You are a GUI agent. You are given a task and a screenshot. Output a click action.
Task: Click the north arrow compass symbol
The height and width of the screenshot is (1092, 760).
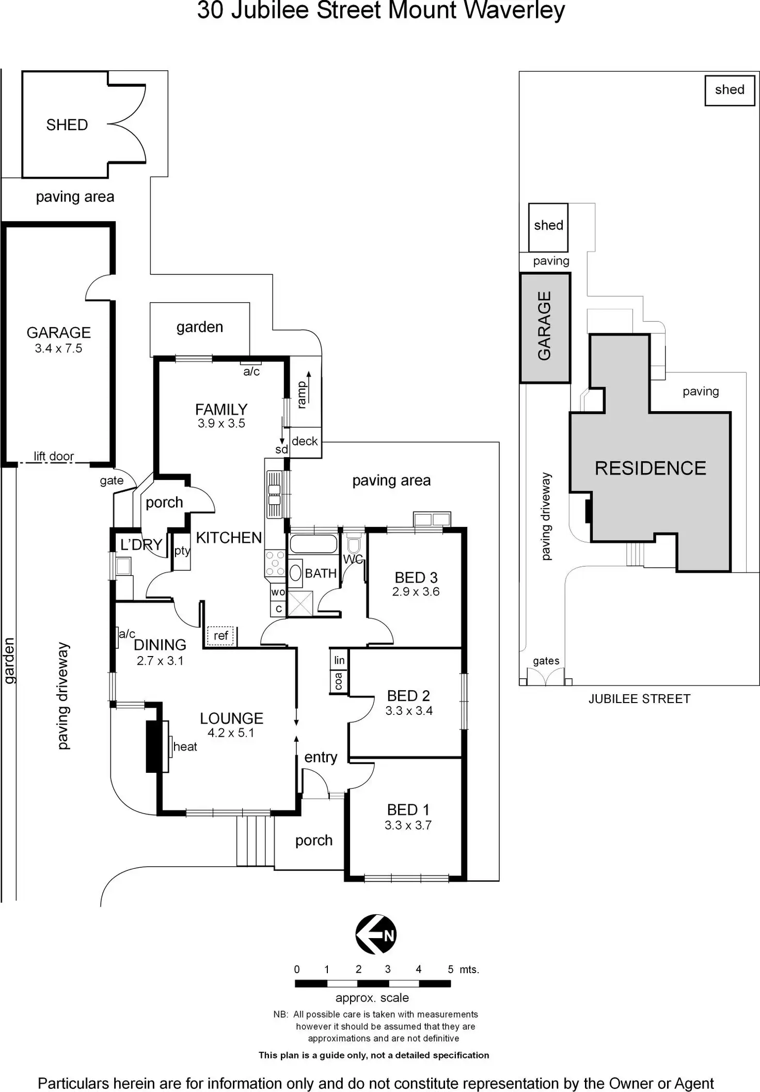(x=376, y=934)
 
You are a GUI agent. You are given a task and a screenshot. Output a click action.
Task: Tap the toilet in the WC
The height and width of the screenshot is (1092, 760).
(x=354, y=545)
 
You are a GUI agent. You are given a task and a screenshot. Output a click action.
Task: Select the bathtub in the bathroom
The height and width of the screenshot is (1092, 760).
(x=313, y=544)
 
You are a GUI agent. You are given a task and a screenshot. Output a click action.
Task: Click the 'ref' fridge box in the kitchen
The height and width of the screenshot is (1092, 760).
(x=220, y=635)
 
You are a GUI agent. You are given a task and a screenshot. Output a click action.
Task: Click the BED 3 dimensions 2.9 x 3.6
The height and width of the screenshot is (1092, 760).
(x=416, y=591)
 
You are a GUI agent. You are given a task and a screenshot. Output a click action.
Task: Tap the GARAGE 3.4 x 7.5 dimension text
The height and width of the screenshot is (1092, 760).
(x=58, y=348)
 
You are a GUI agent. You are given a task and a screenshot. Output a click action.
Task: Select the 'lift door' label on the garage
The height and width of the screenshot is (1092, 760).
(x=54, y=456)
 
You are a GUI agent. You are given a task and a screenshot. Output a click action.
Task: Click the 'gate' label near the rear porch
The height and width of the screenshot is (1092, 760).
(x=112, y=480)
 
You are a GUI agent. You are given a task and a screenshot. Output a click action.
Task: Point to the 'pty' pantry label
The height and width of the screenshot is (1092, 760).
(x=182, y=551)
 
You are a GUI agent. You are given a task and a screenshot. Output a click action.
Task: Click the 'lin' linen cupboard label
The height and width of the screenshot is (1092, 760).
(x=339, y=660)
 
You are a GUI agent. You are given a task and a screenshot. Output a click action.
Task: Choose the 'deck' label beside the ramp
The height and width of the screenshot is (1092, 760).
(x=305, y=441)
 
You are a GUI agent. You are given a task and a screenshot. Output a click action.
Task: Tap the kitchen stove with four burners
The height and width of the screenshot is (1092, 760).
(x=275, y=563)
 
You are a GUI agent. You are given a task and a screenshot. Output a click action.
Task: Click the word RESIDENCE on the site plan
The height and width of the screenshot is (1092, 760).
(x=650, y=468)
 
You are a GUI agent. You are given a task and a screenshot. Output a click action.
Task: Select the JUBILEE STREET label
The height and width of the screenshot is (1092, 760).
(x=639, y=698)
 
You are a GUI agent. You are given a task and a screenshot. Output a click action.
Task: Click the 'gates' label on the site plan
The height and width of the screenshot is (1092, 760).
(x=546, y=661)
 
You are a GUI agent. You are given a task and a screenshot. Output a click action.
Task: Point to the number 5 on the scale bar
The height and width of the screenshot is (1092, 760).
(x=450, y=969)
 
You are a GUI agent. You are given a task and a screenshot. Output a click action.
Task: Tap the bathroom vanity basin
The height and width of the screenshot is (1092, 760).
(x=295, y=573)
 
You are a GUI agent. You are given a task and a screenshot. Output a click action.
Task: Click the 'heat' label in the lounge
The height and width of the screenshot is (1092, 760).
(x=185, y=746)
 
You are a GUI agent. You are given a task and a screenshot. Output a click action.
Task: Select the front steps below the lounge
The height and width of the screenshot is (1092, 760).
(x=255, y=840)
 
